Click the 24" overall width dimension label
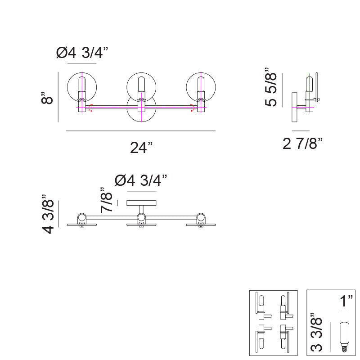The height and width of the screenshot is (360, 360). click(141, 148)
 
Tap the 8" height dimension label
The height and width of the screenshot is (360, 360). click(47, 98)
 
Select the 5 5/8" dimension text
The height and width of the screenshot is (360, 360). click(271, 87)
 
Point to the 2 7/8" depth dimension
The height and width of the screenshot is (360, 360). click(302, 144)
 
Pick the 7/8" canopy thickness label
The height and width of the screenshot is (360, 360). click(106, 200)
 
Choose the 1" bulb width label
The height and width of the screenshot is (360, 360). click(346, 301)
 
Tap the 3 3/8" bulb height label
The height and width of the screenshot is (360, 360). click(316, 332)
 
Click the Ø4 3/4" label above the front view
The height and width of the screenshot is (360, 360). click(82, 53)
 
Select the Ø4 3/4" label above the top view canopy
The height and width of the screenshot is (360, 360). click(141, 180)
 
